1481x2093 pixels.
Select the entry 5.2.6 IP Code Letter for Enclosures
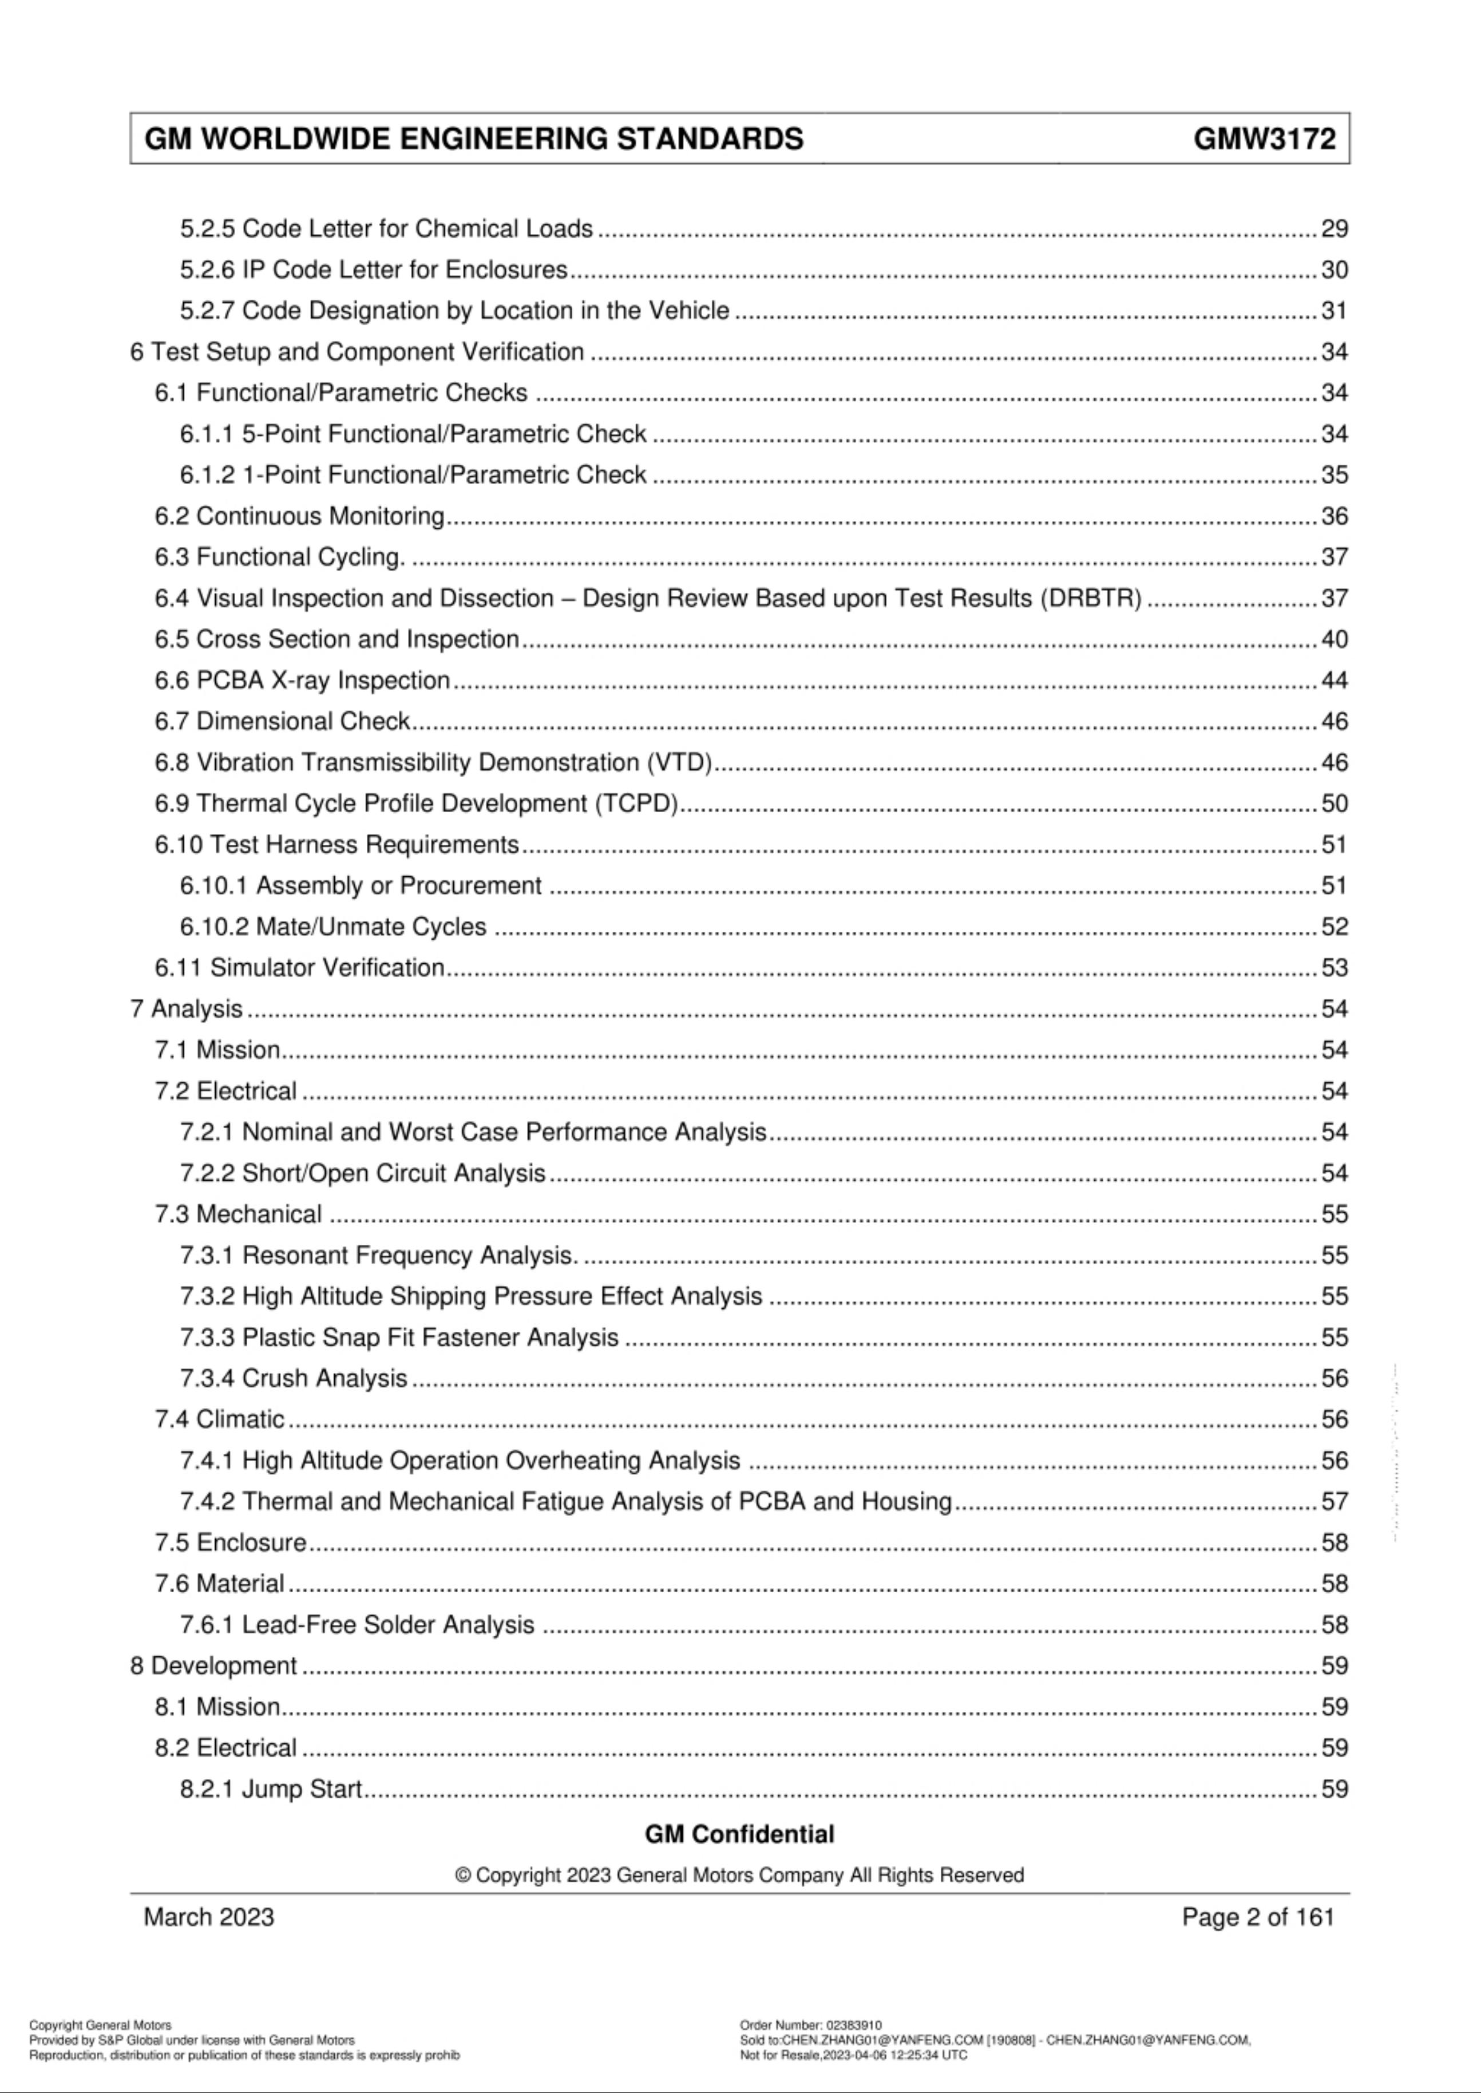click(373, 270)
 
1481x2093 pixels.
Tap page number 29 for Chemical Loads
click(1333, 229)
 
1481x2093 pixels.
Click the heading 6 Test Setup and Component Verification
click(357, 352)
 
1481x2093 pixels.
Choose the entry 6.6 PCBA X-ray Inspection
click(302, 680)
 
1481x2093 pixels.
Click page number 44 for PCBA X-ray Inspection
click(1333, 680)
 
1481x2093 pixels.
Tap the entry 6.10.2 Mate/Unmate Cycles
click(333, 927)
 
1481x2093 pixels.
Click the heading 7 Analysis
click(186, 1008)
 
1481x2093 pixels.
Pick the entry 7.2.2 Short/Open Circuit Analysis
click(362, 1173)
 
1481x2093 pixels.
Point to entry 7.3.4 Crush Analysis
click(293, 1378)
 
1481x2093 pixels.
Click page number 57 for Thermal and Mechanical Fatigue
click(1333, 1501)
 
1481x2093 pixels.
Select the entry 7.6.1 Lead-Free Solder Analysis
click(357, 1624)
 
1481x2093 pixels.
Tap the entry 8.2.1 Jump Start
click(271, 1789)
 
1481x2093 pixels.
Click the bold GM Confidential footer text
click(739, 1834)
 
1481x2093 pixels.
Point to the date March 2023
click(209, 1917)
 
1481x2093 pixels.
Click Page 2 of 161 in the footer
click(1258, 1917)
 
